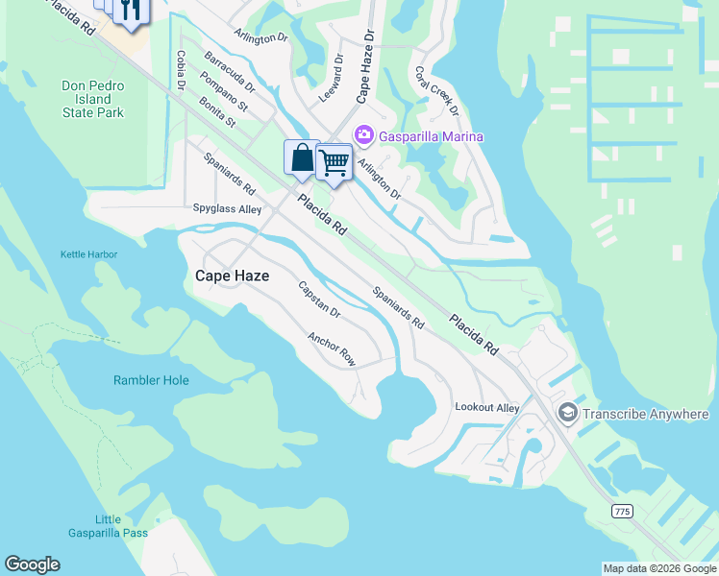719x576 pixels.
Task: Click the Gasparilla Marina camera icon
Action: (364, 136)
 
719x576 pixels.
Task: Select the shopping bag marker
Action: (302, 157)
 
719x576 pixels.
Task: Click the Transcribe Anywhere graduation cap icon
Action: (568, 414)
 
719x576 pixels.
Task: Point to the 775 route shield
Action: (622, 512)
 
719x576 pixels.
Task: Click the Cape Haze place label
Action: (232, 276)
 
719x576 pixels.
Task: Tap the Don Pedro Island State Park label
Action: (93, 99)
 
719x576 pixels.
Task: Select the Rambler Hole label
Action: (151, 380)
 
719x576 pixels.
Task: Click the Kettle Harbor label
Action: (88, 253)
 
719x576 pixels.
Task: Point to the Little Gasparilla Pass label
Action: (108, 526)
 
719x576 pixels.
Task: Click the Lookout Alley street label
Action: (486, 408)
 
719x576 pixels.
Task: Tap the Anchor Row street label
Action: (332, 349)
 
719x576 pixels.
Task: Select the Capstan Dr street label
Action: (319, 300)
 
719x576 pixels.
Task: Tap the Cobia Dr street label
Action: (180, 72)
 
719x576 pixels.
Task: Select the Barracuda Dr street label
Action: (230, 72)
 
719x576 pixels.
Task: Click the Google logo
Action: (32, 564)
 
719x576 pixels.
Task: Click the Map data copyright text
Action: (658, 568)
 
